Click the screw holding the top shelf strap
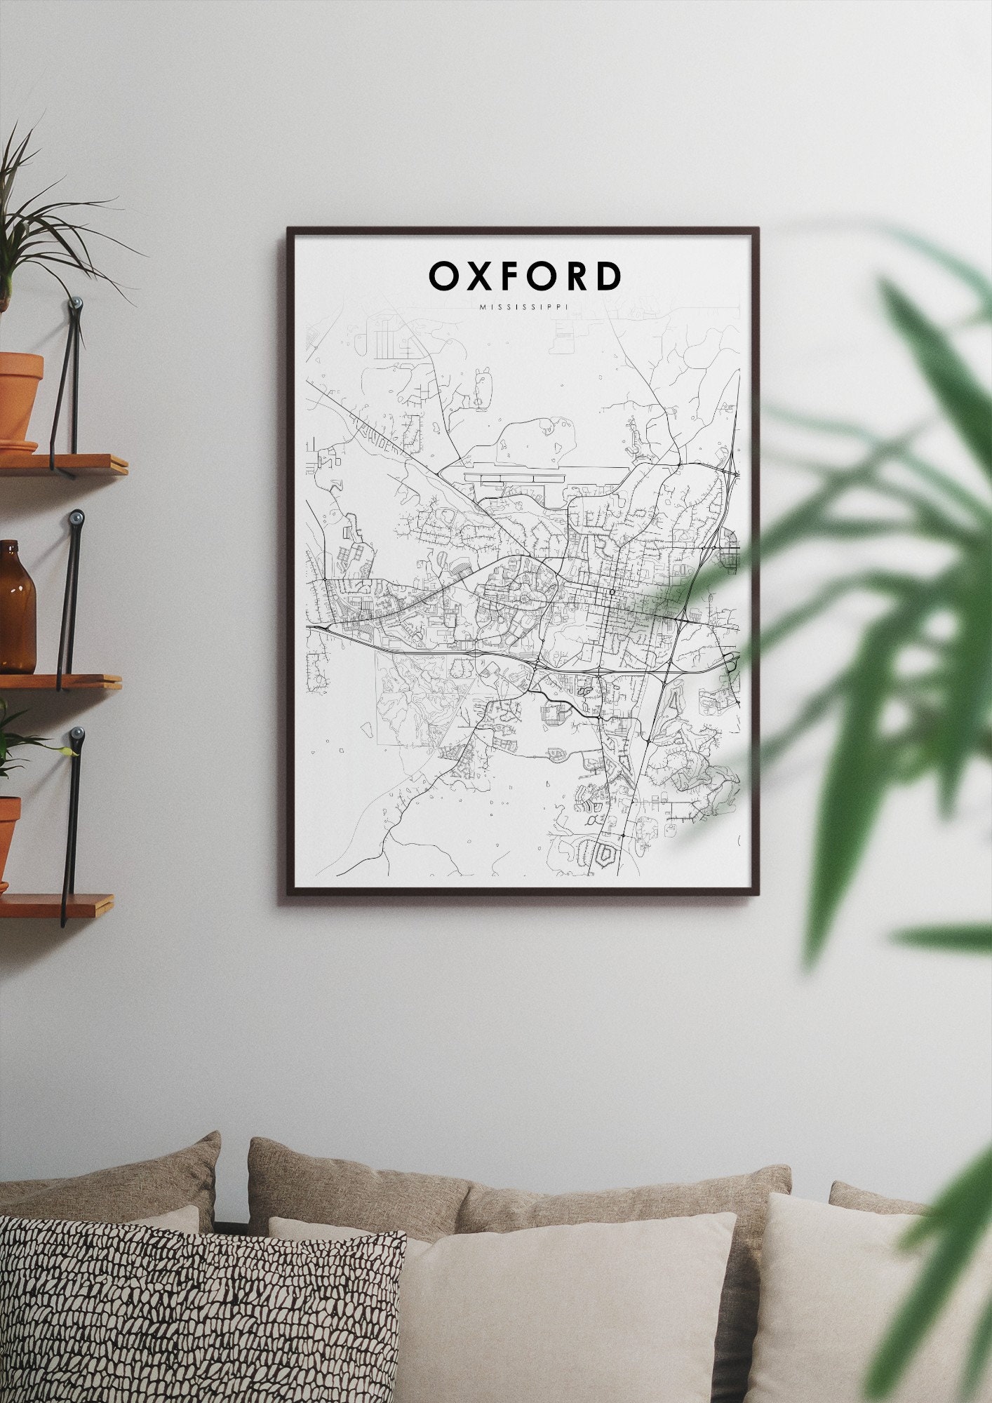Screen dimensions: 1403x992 coord(76,304)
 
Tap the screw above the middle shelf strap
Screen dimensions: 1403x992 coord(76,518)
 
